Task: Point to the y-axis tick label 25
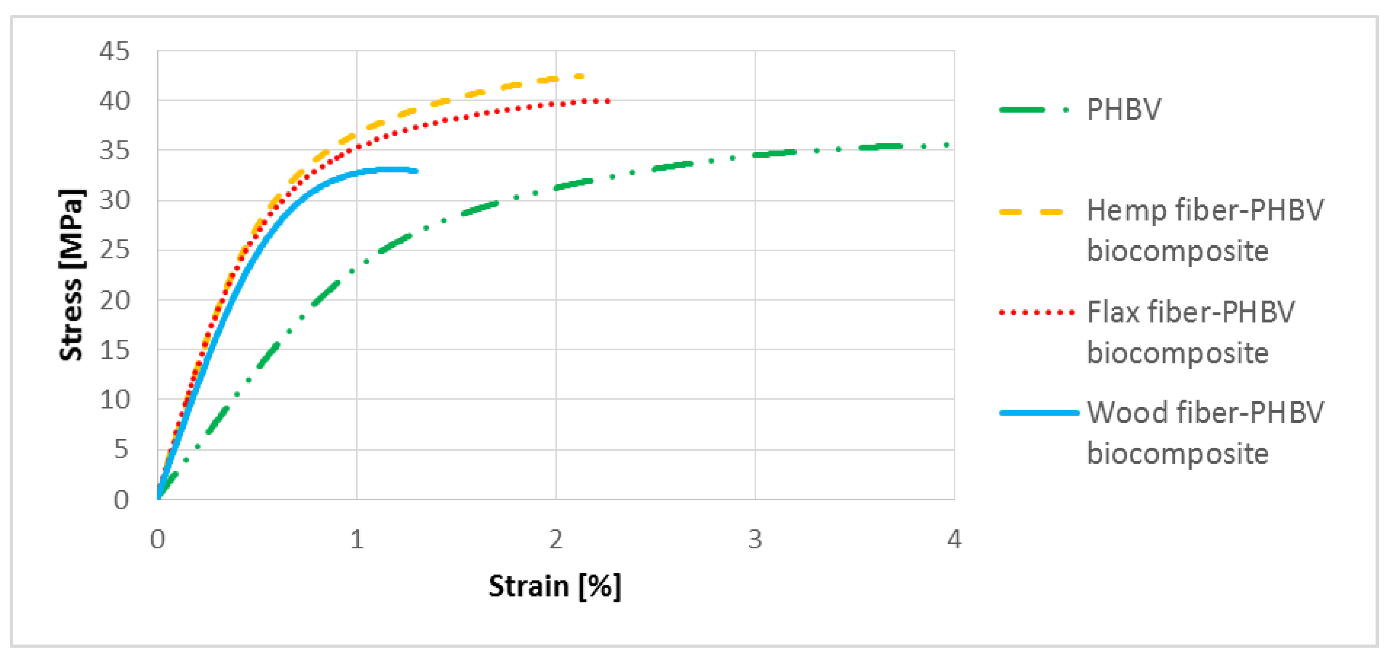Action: (114, 250)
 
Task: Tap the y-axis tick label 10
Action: (114, 400)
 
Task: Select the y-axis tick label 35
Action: (114, 150)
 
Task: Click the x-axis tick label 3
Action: (755, 539)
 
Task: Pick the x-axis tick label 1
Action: (356, 539)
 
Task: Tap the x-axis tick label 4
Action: (954, 539)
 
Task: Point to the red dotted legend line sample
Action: (1036, 313)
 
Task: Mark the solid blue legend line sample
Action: (1038, 413)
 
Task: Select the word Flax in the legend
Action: (1113, 312)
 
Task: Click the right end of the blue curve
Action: (416, 171)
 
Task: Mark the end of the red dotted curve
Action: (609, 101)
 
